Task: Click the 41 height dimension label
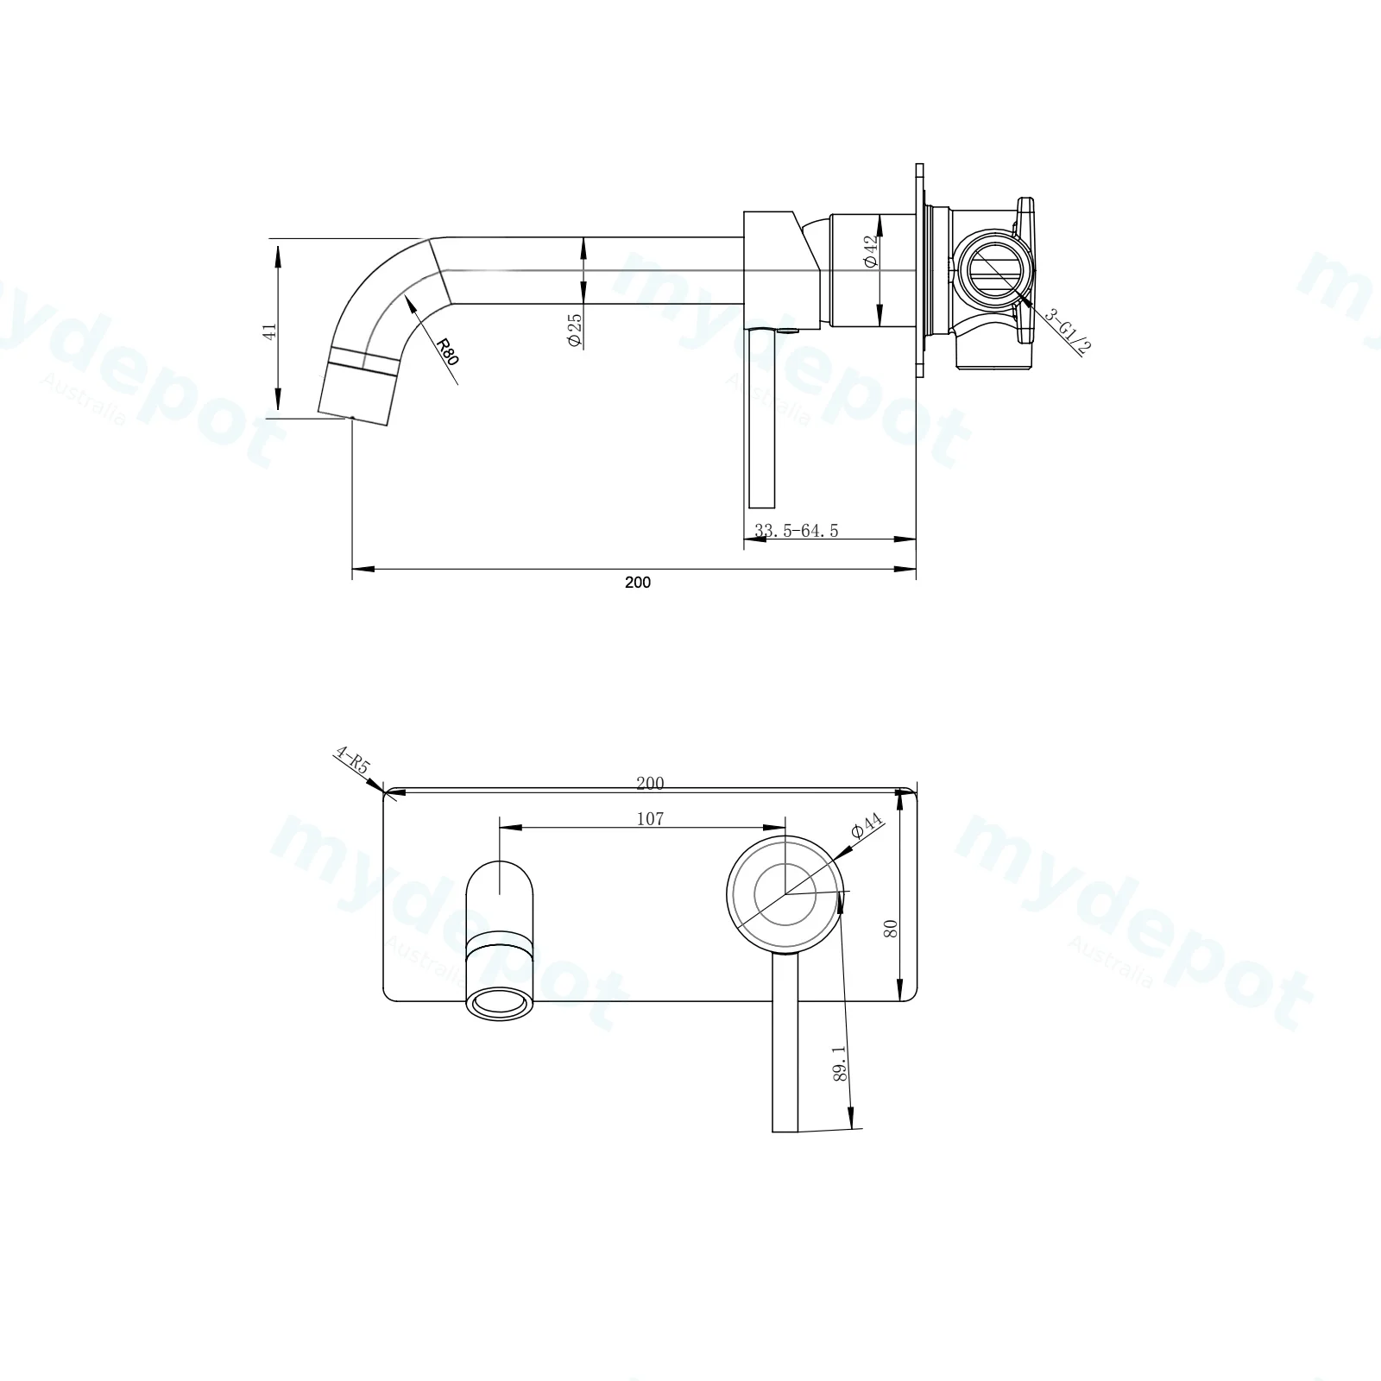coord(271,331)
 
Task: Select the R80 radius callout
coord(447,351)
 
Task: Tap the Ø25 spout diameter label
coord(575,330)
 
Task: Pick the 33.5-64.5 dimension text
coord(796,531)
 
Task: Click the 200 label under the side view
coord(638,583)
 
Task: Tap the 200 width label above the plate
coord(650,783)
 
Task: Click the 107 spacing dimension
coord(650,818)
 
